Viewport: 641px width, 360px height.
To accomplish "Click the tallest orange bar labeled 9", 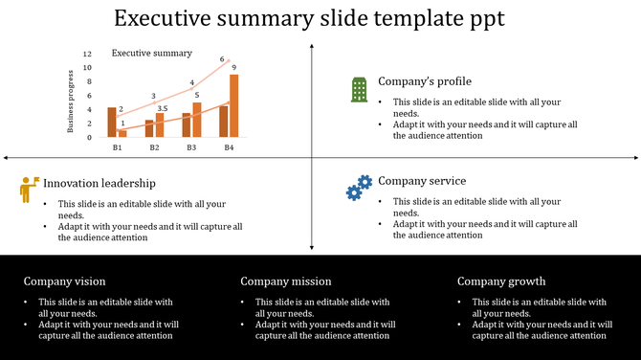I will coord(233,106).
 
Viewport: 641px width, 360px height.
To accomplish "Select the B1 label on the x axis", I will coord(117,147).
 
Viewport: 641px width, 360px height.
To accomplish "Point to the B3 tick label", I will coord(191,147).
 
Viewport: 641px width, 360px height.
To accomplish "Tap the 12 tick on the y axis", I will coord(87,55).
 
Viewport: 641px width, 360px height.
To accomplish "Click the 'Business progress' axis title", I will coord(70,101).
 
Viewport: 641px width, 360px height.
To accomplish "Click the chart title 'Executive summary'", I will coord(152,54).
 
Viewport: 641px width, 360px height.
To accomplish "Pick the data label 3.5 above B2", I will coord(162,108).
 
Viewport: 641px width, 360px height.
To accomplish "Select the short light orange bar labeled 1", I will coord(122,133).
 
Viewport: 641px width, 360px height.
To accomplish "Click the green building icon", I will coord(359,89).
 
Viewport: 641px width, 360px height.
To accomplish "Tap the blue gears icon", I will coord(359,188).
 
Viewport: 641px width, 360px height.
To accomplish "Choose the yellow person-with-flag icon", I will coord(29,189).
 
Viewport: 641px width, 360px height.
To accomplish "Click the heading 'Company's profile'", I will coord(424,81).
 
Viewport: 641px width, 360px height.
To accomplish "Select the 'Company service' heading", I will coord(422,181).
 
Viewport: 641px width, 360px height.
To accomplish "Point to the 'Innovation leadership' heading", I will coord(99,183).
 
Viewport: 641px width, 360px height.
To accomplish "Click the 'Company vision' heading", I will coord(65,281).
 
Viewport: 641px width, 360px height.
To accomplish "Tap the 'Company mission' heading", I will coord(286,281).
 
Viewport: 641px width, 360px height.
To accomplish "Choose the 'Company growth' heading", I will coord(501,281).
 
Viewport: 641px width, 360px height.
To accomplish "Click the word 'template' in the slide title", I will coord(419,19).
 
